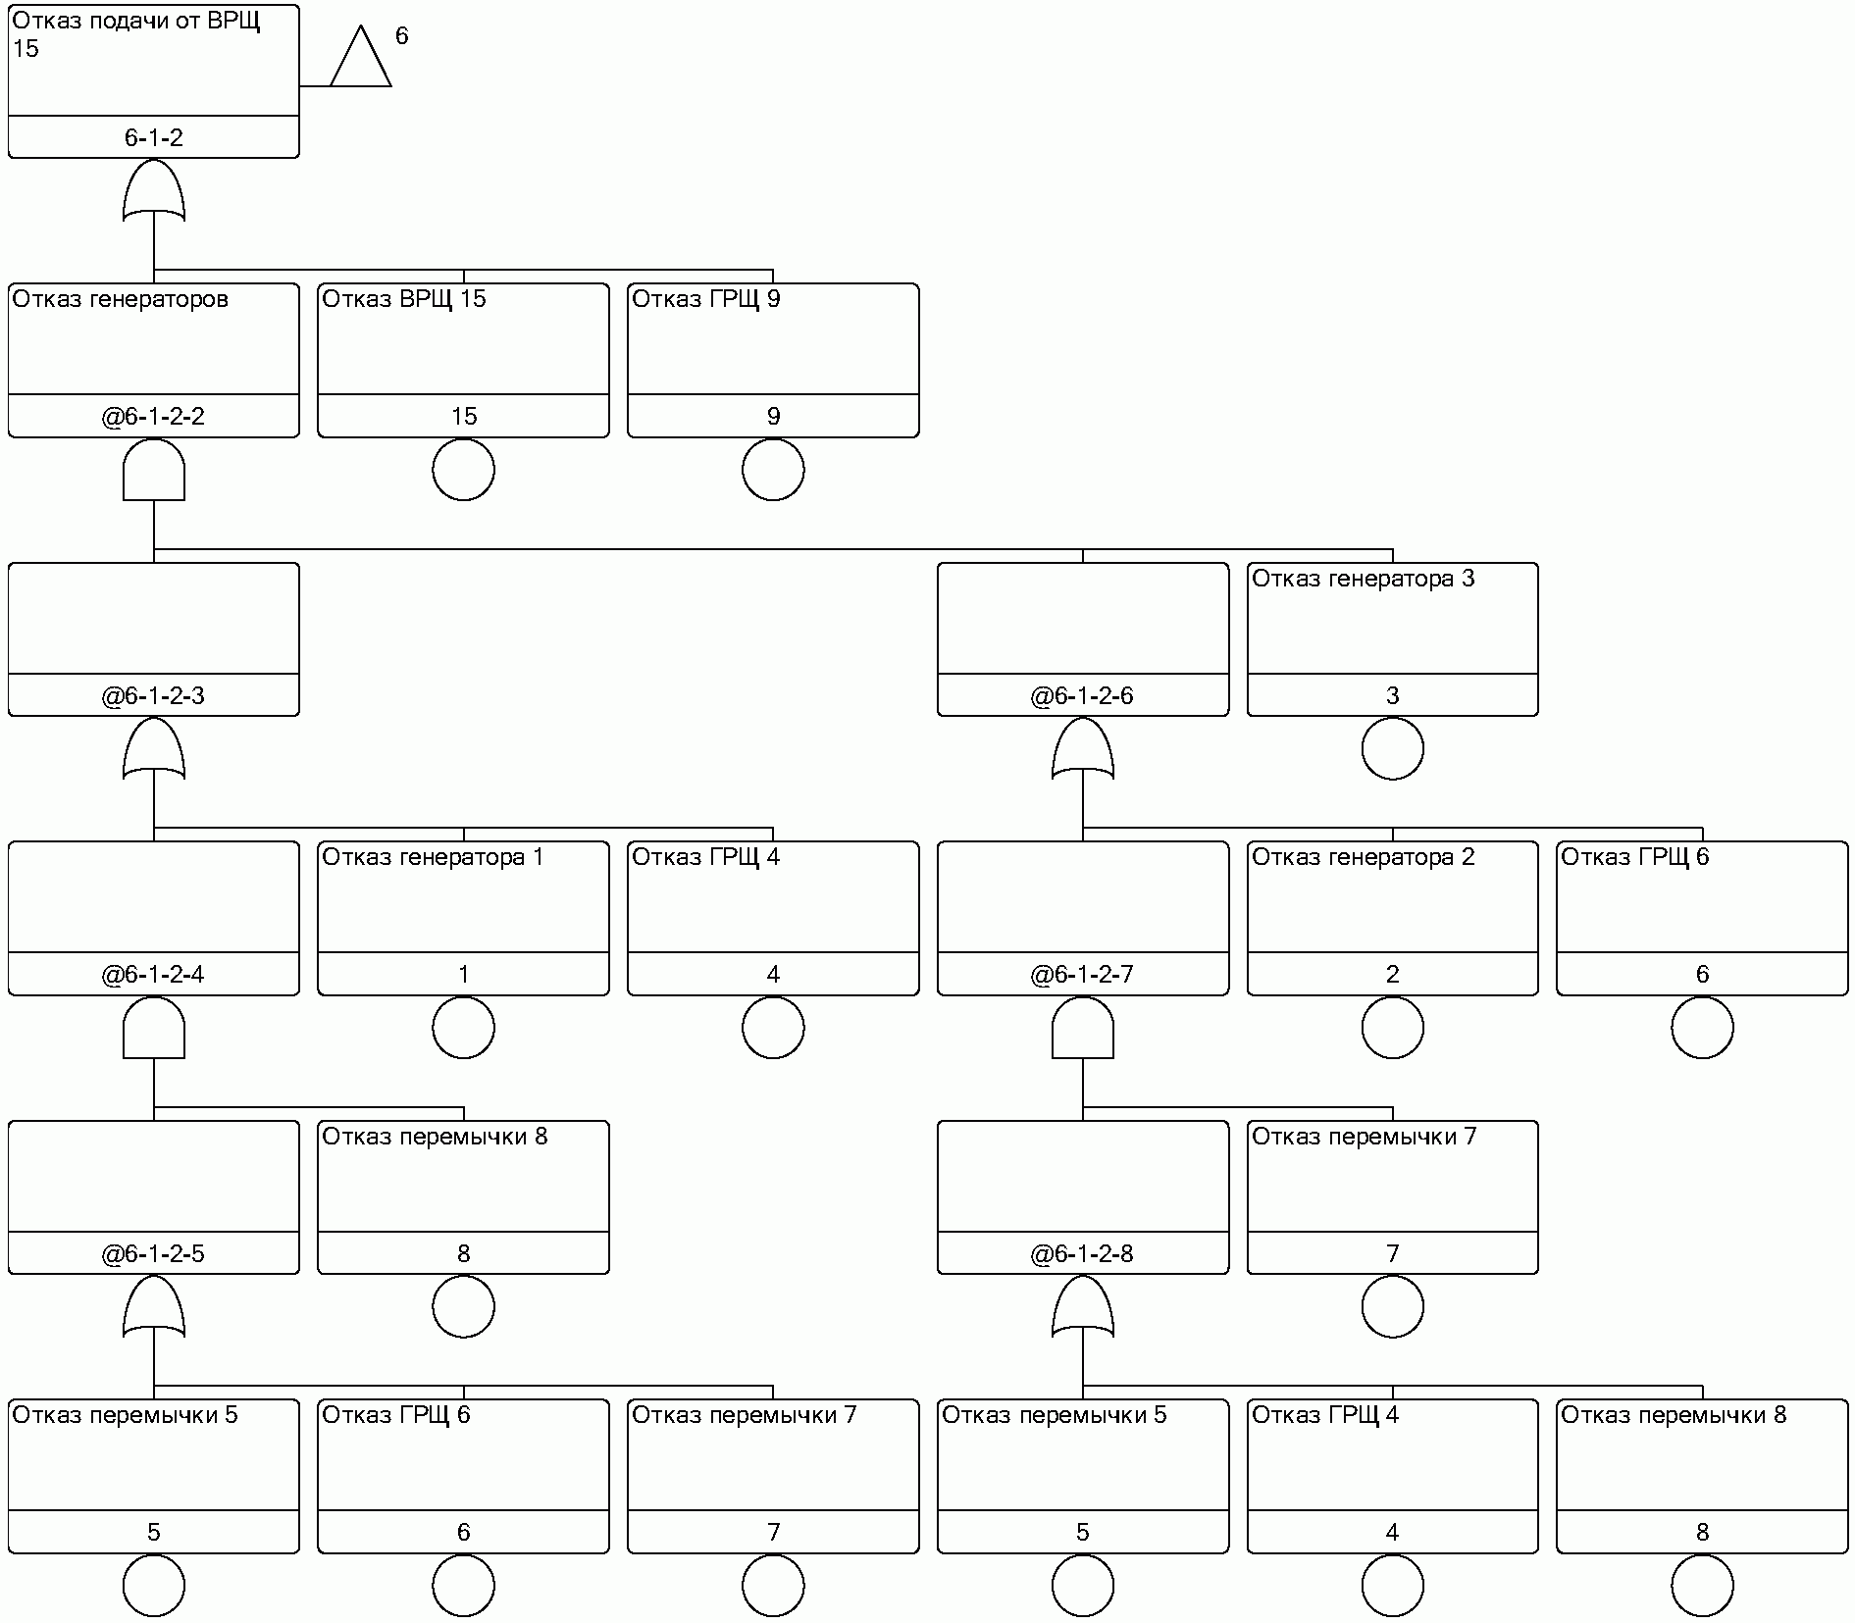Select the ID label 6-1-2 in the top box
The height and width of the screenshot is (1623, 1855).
coord(154,138)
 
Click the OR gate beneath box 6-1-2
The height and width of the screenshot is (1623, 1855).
coord(154,191)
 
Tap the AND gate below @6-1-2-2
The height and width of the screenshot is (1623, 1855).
coord(154,471)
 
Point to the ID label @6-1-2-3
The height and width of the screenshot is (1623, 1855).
coord(154,696)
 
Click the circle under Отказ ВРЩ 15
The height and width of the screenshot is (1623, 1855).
coord(463,470)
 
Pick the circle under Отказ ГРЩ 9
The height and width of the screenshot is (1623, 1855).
coord(773,470)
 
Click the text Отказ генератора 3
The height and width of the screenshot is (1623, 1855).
coord(1363,579)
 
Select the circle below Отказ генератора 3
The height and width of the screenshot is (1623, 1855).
coord(1392,749)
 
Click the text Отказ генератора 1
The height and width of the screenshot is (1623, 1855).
coord(433,857)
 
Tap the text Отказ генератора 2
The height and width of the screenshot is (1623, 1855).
coord(1363,857)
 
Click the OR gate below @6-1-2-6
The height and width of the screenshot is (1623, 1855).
coord(1083,750)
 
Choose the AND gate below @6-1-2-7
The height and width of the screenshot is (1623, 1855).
coord(1083,1029)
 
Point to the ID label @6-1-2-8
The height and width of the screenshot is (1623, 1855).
coord(1083,1254)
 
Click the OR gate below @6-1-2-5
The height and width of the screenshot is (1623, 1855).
coord(154,1308)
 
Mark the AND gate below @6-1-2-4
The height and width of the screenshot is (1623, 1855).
coord(154,1029)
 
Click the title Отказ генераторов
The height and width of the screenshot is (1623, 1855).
coord(120,299)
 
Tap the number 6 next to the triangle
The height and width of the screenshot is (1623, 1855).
coord(401,36)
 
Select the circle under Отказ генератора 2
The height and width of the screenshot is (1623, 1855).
coord(1392,1028)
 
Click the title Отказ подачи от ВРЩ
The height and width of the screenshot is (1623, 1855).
coord(136,22)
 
